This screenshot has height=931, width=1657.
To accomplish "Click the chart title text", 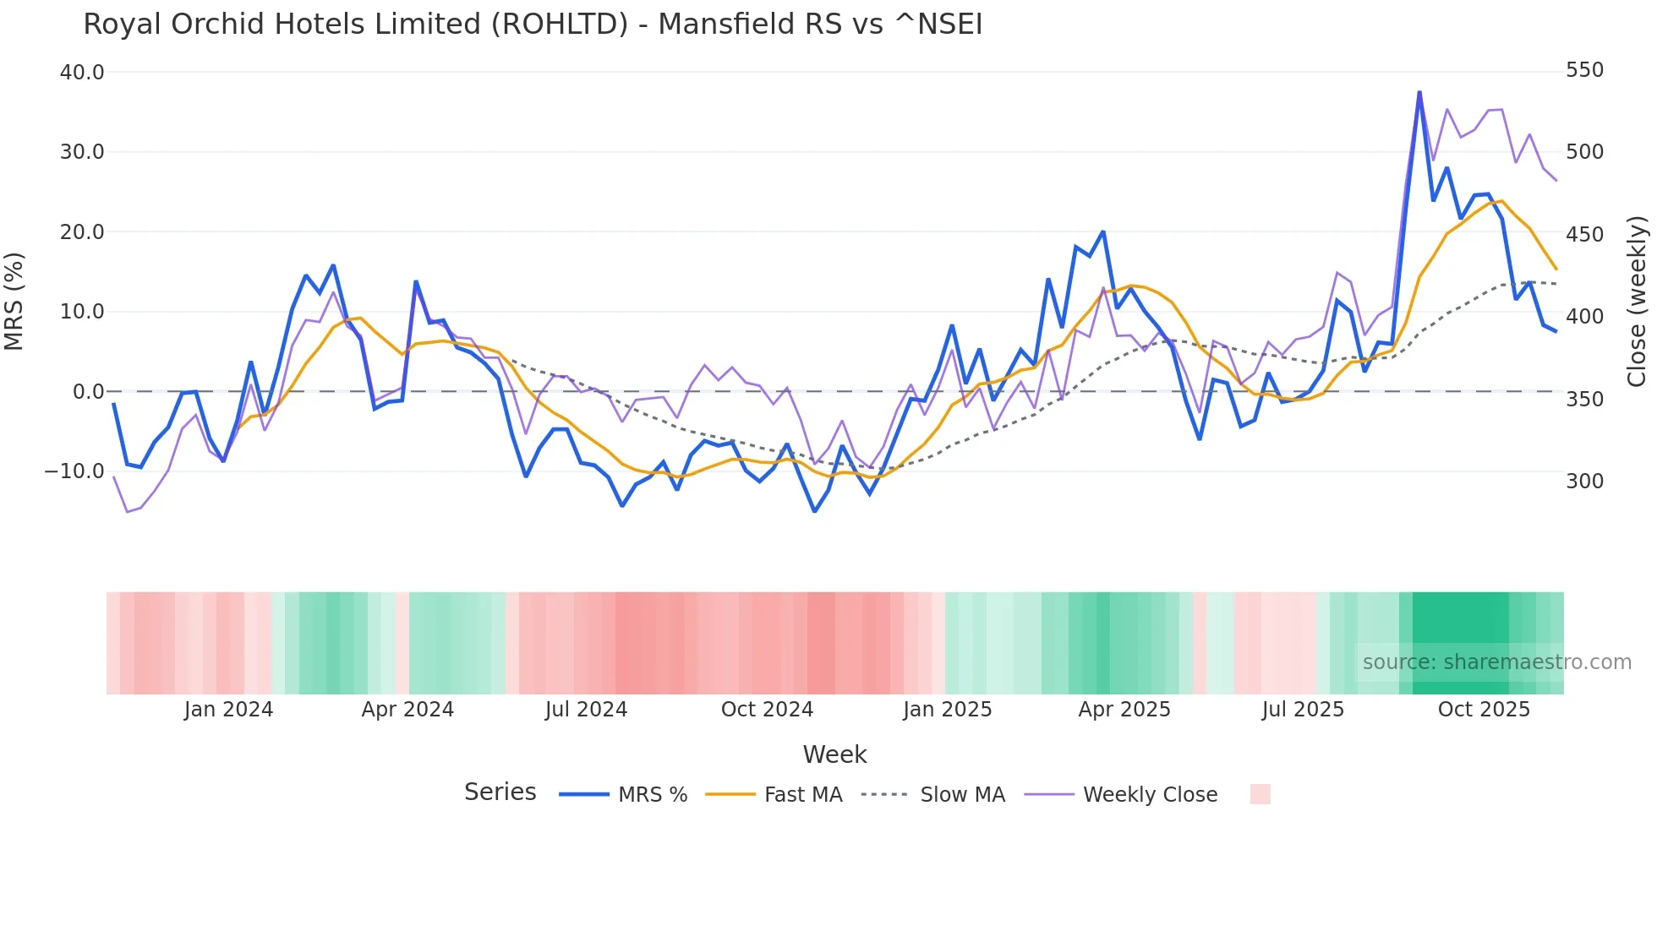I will (x=533, y=24).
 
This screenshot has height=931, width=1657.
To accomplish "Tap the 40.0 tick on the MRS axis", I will (x=82, y=73).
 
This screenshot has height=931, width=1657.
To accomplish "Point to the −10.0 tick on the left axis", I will (x=74, y=471).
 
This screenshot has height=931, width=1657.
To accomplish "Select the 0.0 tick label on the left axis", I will (x=88, y=392).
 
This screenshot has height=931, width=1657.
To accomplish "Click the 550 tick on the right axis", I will (x=1584, y=70).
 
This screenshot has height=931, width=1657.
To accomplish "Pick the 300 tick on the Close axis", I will (x=1584, y=482).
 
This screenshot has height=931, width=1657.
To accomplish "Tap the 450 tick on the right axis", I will (x=1584, y=235).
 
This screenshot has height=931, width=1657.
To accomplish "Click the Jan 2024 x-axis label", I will (x=228, y=710).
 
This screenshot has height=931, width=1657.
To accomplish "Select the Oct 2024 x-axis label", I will (x=767, y=710).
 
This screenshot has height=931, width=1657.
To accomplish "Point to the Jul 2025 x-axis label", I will (x=1303, y=710).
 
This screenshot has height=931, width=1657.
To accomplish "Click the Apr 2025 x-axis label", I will (x=1124, y=710).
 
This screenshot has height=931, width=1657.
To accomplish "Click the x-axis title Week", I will (x=834, y=754).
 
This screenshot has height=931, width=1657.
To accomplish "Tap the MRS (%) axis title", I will (x=14, y=301).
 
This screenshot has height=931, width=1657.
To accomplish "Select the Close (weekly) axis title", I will (x=1637, y=302).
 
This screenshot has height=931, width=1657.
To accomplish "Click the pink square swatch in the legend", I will (x=1260, y=794).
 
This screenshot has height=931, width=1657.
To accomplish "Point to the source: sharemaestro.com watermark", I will (x=1496, y=662).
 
